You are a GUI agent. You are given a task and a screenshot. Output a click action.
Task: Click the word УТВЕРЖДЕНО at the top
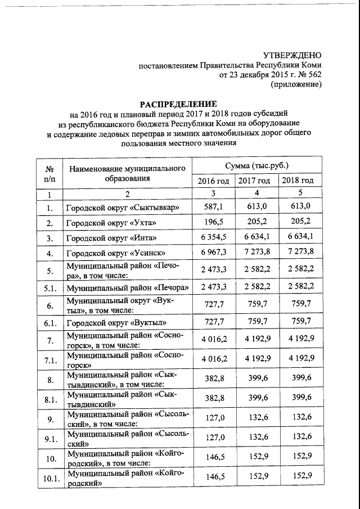pyautogui.click(x=292, y=55)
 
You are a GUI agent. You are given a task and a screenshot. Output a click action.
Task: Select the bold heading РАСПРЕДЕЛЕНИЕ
pyautogui.click(x=178, y=104)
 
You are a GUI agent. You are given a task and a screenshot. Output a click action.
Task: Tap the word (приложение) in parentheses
pyautogui.click(x=296, y=84)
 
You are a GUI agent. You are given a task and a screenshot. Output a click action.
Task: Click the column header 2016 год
pyautogui.click(x=213, y=181)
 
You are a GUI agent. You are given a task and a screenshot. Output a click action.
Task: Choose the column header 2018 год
pyautogui.click(x=298, y=181)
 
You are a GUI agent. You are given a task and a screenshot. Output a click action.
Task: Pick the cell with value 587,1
pyautogui.click(x=213, y=207)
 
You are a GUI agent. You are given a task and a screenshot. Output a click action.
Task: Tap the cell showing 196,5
pyautogui.click(x=213, y=223)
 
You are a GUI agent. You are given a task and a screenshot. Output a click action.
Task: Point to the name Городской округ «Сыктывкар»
pyautogui.click(x=123, y=208)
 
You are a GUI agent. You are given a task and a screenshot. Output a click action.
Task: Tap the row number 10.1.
pyautogui.click(x=49, y=479)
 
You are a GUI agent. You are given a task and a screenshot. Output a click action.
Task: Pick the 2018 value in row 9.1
pyautogui.click(x=298, y=437)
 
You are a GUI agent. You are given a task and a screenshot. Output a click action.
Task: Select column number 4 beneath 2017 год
pyautogui.click(x=256, y=194)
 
